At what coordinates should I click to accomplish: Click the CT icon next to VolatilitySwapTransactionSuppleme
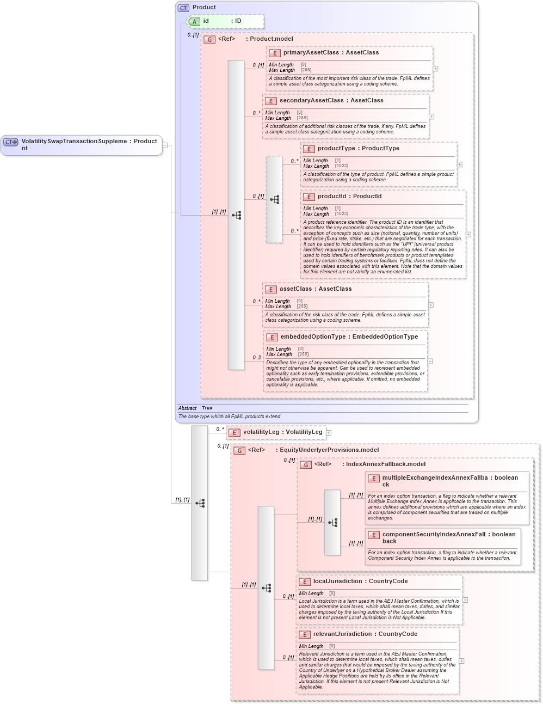pos(11,142)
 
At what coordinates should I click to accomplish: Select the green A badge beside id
pos(194,21)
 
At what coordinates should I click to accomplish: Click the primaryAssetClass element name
pos(311,53)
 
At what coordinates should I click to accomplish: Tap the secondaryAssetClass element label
pos(311,101)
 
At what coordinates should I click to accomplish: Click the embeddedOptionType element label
pos(313,337)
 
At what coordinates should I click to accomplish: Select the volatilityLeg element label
pos(261,432)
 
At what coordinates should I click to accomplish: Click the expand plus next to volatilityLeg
pos(329,433)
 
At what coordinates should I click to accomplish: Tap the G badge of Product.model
pos(209,39)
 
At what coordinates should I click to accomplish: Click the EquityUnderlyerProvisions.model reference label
pos(327,450)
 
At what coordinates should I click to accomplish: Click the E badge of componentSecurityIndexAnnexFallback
pos(374,535)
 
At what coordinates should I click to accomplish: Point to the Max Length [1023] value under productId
pos(342,214)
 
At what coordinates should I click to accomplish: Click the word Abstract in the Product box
pos(187,408)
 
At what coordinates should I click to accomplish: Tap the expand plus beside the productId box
pos(468,235)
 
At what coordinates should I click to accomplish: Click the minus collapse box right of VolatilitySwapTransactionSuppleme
pos(165,145)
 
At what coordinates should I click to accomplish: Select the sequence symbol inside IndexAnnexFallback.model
pos(332,522)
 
